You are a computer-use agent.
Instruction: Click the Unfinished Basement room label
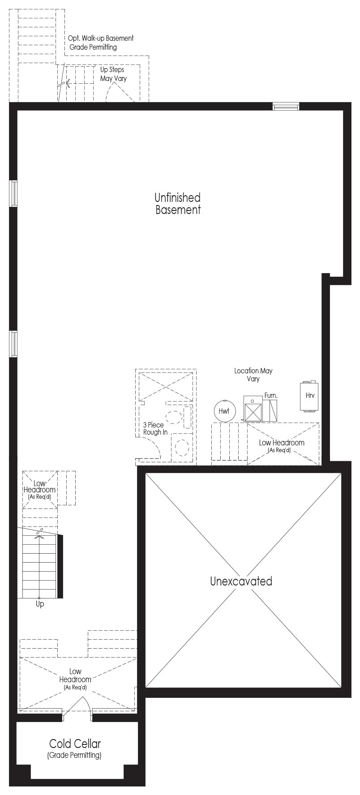coord(178,204)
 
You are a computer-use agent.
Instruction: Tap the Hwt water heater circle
coord(224,410)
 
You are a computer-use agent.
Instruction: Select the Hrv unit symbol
coord(309,396)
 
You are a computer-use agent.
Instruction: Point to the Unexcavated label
coord(241,581)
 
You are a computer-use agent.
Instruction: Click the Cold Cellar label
coord(75,744)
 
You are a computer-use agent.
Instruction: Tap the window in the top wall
coord(286,107)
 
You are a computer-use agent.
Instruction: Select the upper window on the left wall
coord(14,193)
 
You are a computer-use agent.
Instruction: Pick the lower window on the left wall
coord(14,344)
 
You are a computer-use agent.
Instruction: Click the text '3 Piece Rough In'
coord(155,429)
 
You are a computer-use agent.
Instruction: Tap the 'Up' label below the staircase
coord(40,604)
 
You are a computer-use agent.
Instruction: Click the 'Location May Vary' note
coord(253,375)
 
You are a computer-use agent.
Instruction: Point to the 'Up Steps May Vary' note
coord(113,74)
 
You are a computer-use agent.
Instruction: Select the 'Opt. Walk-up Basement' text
coord(101,38)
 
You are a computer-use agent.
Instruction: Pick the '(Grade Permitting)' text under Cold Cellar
coord(74,756)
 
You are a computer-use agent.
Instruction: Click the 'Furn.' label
coord(271,396)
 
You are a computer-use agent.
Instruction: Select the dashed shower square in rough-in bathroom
coord(166,385)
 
